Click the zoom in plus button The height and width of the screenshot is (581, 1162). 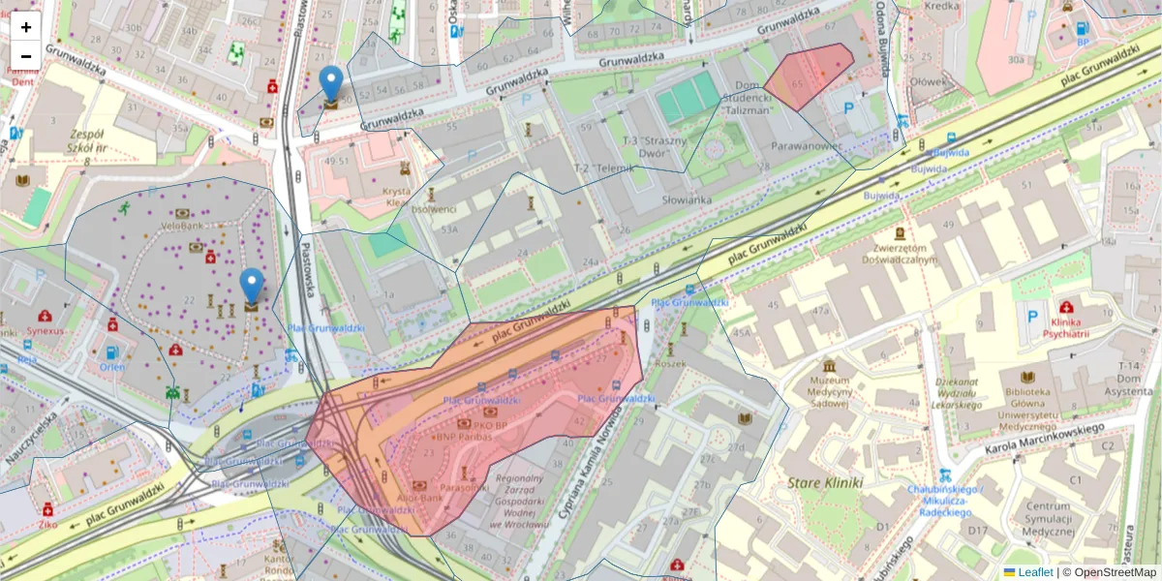point(26,27)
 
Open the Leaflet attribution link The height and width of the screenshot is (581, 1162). point(1035,571)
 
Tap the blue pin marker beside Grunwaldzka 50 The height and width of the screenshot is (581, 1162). point(331,85)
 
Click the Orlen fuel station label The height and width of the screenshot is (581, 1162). point(112,367)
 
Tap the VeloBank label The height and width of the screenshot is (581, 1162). point(181,226)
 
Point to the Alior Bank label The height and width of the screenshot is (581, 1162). point(420,498)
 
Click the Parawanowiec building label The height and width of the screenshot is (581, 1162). point(806,146)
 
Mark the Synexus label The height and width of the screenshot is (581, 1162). point(45,330)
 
